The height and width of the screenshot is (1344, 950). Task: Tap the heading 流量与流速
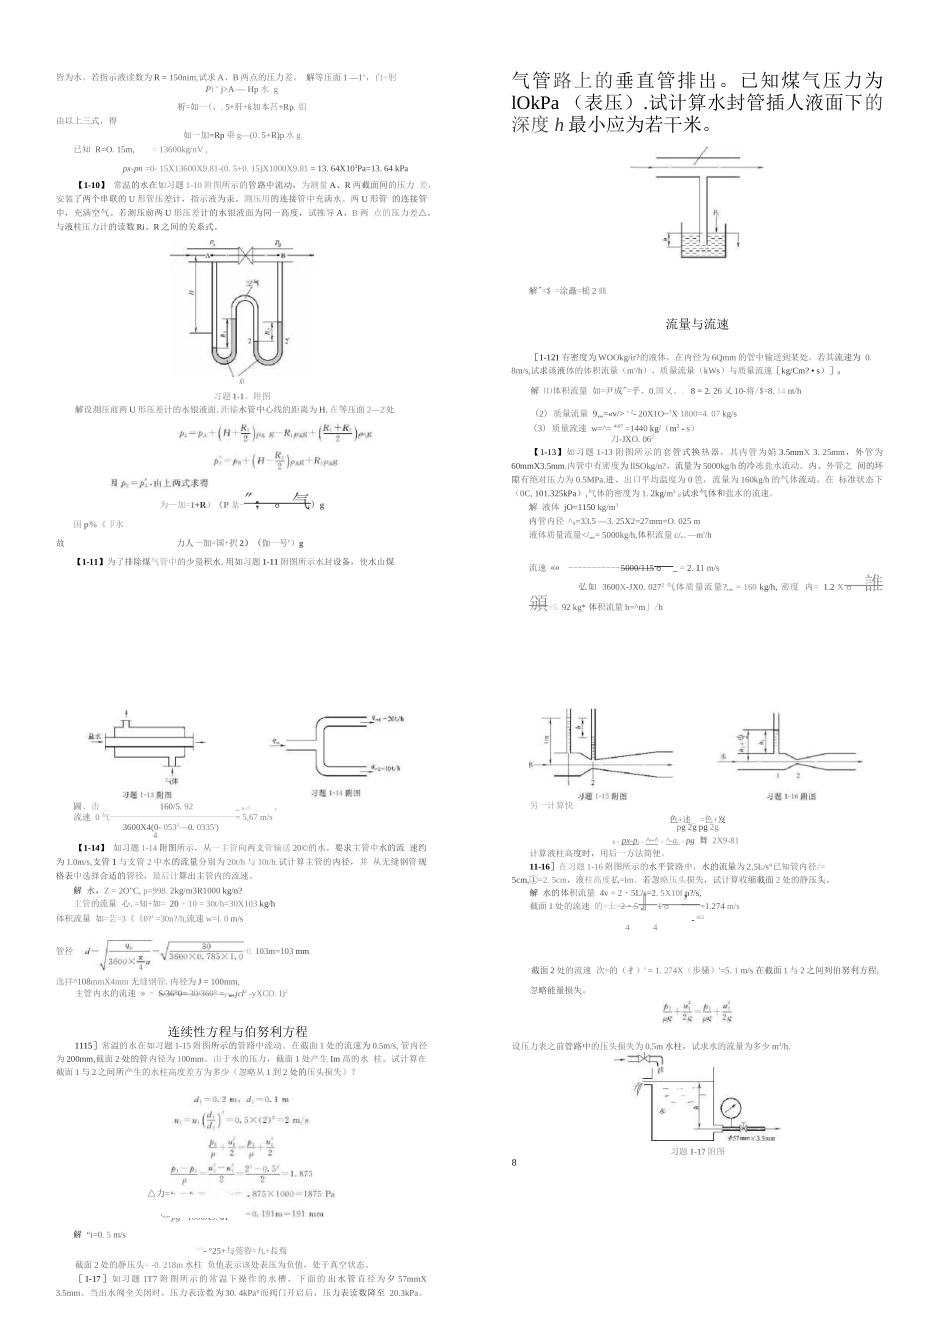[x=697, y=324]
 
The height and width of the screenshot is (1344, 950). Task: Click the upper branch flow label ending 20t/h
[x=385, y=718]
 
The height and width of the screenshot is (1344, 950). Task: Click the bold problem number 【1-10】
[x=91, y=185]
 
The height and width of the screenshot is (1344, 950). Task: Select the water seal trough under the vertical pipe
[x=695, y=243]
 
